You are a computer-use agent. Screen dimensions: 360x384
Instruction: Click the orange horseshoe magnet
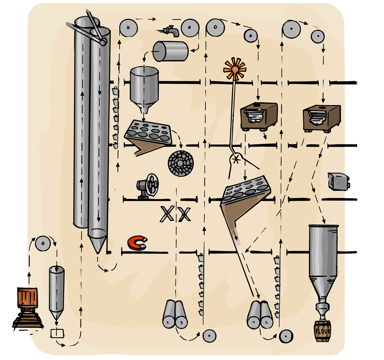[x=137, y=243]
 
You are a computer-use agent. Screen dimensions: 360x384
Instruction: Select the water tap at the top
[x=170, y=30]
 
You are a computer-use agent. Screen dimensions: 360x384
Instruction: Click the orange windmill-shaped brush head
[x=235, y=69]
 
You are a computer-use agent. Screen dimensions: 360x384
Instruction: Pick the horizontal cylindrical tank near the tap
[x=170, y=51]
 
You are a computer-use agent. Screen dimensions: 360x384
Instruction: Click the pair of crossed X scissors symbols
[x=175, y=214]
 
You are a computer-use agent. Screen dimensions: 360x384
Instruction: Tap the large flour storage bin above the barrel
[x=323, y=256]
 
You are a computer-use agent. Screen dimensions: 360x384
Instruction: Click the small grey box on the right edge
[x=339, y=181]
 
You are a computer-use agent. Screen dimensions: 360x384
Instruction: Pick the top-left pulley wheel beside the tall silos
[x=128, y=29]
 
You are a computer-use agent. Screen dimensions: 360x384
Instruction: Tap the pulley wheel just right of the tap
[x=190, y=28]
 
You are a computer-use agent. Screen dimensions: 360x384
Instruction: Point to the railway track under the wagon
[x=27, y=322]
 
